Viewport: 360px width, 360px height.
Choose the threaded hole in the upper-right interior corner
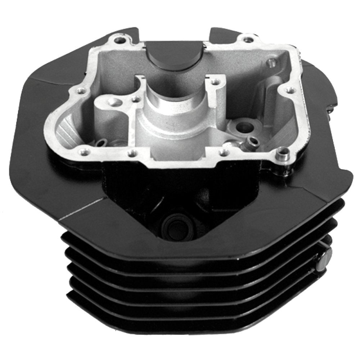tap(269, 64)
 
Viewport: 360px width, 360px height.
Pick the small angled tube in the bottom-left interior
tap(102, 144)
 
